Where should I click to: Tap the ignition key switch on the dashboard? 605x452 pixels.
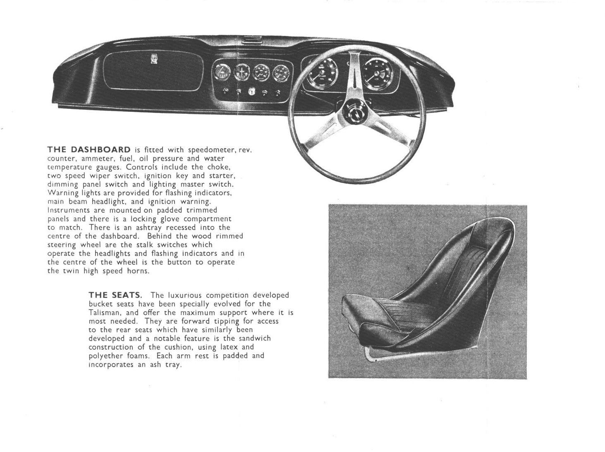coord(251,92)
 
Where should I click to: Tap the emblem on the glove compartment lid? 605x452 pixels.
coord(154,60)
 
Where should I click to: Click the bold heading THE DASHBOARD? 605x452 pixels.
coord(89,149)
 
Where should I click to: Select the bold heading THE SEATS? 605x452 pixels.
coord(115,295)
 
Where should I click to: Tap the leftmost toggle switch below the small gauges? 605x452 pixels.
coord(226,91)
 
